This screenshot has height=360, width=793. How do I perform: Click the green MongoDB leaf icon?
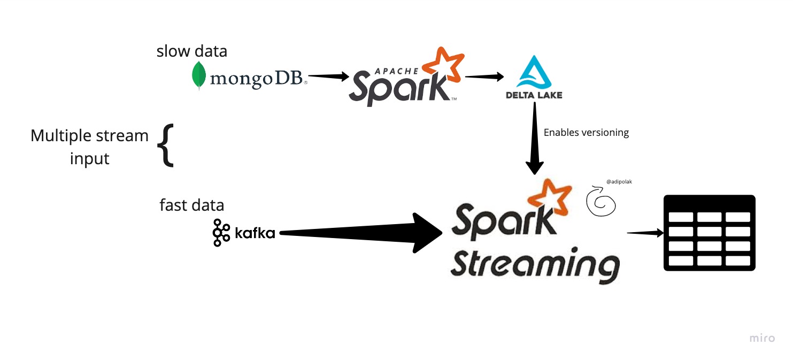coord(199,75)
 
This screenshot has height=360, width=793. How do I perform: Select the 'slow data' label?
coord(191,51)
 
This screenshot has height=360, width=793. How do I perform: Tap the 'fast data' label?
coord(191,205)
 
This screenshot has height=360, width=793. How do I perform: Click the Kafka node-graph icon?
coord(218,233)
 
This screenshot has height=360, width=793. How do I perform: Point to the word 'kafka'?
coord(255,233)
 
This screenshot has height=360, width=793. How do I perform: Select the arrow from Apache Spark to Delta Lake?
coord(484,76)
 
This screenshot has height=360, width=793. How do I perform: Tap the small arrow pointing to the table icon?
coord(645,233)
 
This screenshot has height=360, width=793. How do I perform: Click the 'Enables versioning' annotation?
coord(586,133)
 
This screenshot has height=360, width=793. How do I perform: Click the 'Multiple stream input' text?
coord(89,146)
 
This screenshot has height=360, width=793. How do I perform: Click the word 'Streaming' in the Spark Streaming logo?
coord(534,264)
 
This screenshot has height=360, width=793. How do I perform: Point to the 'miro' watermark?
coord(761,338)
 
